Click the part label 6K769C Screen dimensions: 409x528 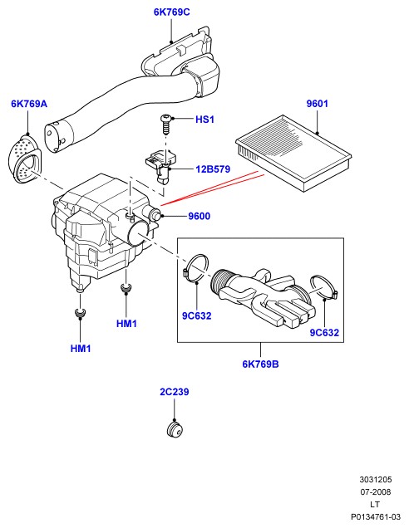(171, 12)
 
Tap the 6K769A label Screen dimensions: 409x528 (29, 104)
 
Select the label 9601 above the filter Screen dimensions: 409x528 (317, 104)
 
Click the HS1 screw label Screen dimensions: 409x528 (204, 120)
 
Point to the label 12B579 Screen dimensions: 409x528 (213, 169)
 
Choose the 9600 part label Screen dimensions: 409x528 (199, 216)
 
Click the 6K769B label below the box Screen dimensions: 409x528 (260, 364)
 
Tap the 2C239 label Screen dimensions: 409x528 (175, 392)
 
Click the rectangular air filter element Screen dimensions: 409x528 (293, 153)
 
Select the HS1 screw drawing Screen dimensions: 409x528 (165, 124)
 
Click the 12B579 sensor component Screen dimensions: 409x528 (160, 167)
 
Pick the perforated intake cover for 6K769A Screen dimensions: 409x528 (24, 159)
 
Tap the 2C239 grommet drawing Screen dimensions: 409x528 (175, 430)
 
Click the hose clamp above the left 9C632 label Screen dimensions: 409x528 (196, 267)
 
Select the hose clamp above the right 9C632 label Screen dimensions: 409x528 (323, 287)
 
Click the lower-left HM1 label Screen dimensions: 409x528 (81, 348)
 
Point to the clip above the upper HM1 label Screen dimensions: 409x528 (126, 287)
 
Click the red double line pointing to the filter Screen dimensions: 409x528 (212, 188)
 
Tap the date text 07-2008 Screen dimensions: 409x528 (375, 492)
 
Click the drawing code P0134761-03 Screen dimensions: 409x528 (375, 516)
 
